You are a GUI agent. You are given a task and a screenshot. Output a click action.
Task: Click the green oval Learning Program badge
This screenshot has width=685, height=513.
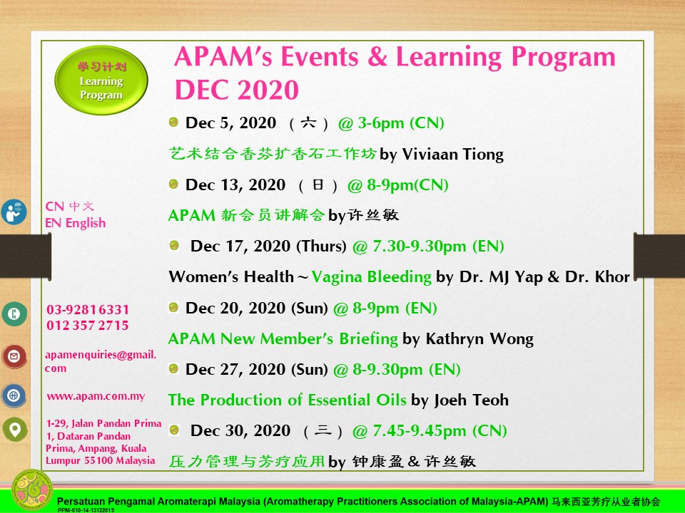101,81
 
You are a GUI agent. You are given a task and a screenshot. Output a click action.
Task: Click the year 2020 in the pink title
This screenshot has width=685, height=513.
268,90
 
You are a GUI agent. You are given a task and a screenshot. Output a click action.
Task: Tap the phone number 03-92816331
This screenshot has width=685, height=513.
88,310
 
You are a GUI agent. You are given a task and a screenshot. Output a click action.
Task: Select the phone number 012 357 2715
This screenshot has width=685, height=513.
87,326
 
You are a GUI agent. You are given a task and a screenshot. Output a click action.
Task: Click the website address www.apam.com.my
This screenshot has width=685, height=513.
96,396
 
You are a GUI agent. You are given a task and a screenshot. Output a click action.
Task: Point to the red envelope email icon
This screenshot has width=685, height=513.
14,356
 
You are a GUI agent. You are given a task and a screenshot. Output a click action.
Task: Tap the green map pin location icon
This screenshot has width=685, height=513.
15,429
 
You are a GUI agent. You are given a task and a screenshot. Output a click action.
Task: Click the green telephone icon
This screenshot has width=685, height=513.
14,313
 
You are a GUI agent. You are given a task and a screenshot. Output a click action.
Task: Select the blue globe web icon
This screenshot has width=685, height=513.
14,395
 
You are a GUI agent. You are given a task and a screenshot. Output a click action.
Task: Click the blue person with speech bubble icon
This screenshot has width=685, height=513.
14,212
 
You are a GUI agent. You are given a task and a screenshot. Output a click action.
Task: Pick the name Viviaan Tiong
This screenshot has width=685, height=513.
452,155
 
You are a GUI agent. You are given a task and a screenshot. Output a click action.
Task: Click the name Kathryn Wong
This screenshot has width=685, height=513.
479,339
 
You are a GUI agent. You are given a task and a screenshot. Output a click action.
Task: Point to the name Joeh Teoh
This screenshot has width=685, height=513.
472,400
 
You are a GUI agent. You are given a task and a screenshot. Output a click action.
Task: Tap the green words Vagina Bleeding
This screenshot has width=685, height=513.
371,277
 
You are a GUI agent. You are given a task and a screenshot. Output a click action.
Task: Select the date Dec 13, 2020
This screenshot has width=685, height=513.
235,185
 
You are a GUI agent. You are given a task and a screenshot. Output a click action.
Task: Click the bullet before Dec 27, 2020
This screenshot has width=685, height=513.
173,368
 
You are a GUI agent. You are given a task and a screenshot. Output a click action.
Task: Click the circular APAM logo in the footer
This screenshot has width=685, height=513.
32,490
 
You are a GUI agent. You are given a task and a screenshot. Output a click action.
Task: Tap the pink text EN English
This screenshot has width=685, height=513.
75,223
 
